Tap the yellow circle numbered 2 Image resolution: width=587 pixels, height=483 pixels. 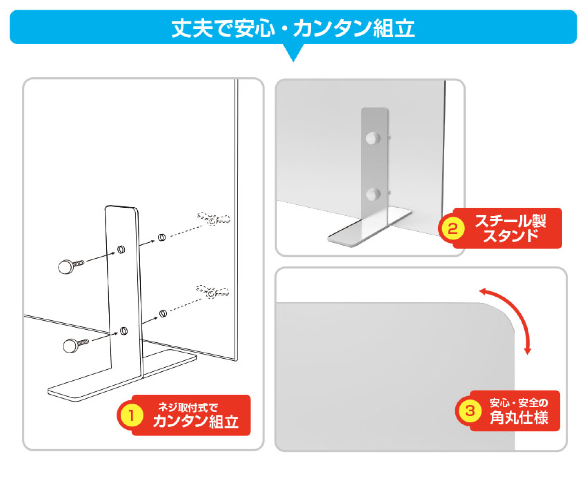pyautogui.click(x=453, y=228)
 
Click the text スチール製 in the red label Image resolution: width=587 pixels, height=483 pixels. pyautogui.click(x=510, y=221)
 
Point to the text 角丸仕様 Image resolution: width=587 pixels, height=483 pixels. pyautogui.click(x=519, y=417)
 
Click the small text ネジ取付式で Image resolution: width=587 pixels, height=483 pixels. pyautogui.click(x=188, y=407)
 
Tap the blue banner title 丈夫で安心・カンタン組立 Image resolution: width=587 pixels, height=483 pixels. pyautogui.click(x=293, y=28)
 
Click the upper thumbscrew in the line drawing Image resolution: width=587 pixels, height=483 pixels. pyautogui.click(x=71, y=266)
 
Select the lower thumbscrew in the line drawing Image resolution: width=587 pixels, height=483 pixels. pyautogui.click(x=76, y=346)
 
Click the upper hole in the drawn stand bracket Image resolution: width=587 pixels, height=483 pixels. pyautogui.click(x=121, y=249)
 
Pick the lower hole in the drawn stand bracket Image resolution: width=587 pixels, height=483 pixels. pyautogui.click(x=124, y=331)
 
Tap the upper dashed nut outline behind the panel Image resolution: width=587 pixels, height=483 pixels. pyautogui.click(x=213, y=219)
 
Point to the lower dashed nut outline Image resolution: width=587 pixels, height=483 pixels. pyautogui.click(x=212, y=292)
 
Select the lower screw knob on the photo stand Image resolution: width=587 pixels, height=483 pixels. pyautogui.click(x=373, y=195)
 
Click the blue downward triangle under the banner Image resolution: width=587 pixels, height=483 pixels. pyautogui.click(x=293, y=53)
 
